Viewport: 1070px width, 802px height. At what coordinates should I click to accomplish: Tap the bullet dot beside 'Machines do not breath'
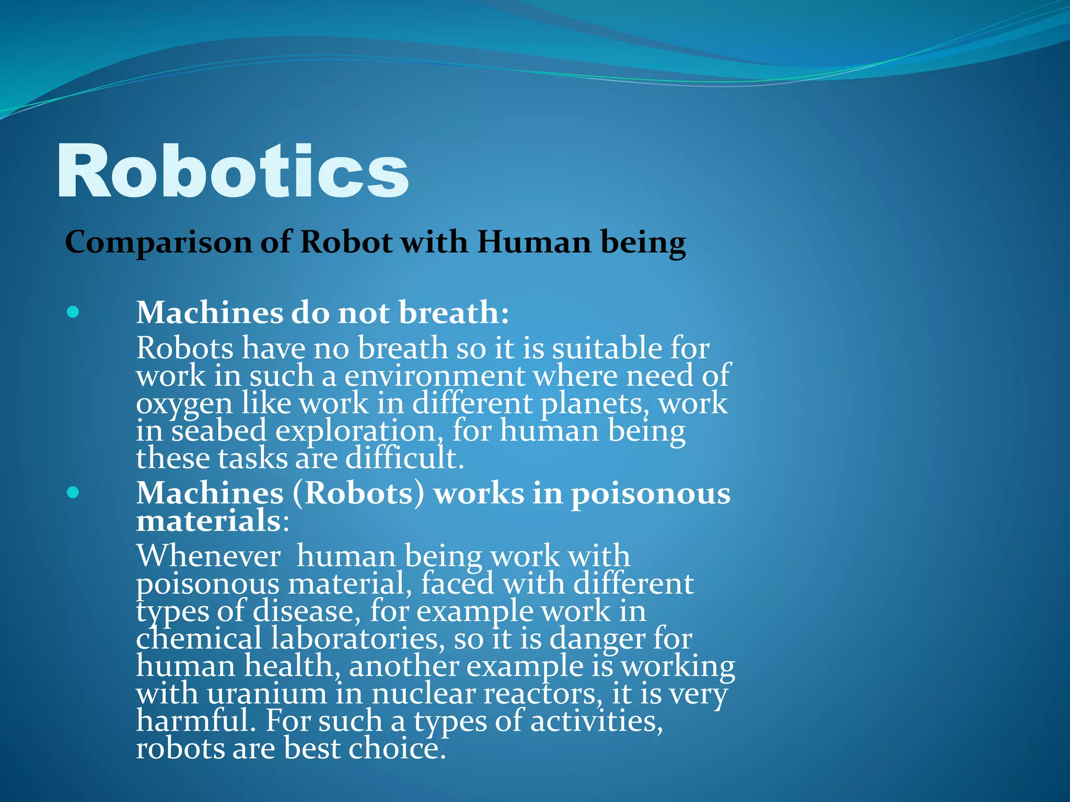coord(73,312)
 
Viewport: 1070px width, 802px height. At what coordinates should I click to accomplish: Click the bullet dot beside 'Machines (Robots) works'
coord(73,492)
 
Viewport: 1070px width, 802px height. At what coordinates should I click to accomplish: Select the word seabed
coord(219,431)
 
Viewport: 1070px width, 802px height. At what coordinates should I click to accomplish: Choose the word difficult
coord(404,458)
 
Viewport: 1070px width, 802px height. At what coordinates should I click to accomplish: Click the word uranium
coord(267,694)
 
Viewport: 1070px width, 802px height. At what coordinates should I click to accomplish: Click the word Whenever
coord(208,556)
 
